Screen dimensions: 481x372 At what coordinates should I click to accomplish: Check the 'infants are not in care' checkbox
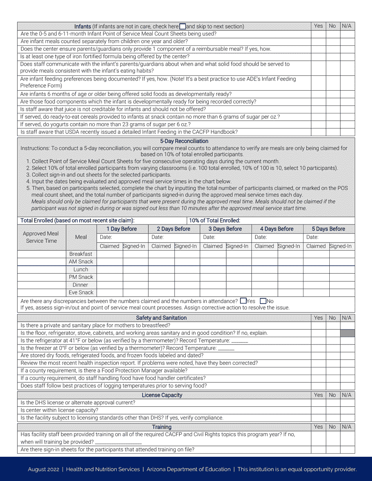182,27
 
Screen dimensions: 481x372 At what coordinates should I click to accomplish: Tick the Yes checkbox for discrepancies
243,301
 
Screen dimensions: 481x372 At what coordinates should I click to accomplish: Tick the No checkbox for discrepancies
263,301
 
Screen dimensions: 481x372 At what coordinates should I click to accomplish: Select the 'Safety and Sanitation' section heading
161,318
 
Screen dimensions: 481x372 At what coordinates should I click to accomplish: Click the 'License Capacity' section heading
162,395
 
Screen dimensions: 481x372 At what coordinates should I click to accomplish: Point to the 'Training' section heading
162,427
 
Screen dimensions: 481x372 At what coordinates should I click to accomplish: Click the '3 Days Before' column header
225,229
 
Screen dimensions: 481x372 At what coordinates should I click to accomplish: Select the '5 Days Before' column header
329,229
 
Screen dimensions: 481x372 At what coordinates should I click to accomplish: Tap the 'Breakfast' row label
81,254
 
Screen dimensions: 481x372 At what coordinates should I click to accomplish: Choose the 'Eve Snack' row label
81,293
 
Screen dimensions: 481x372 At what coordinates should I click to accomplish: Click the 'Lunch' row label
81,269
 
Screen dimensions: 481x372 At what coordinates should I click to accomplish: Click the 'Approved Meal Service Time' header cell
42,237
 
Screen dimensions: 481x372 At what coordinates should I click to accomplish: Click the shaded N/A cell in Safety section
347,333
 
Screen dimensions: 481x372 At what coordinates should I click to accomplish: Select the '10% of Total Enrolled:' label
215,221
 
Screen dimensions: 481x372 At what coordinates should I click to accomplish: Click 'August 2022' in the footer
43,469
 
